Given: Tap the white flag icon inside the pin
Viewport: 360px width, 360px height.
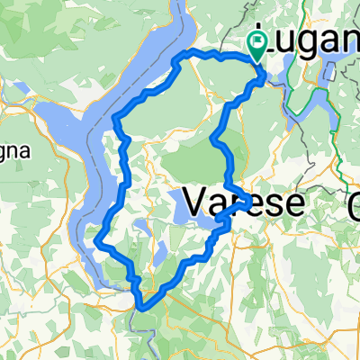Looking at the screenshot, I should click(x=259, y=40).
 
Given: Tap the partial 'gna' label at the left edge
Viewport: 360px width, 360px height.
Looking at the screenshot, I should click(x=14, y=151).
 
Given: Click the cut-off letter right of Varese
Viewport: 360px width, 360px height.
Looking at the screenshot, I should click(x=354, y=203).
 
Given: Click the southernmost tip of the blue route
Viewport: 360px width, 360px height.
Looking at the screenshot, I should click(x=140, y=306).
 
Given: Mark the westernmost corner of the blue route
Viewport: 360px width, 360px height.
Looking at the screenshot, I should click(x=96, y=240).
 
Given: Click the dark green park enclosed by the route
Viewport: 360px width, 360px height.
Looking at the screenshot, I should click(x=193, y=162).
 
